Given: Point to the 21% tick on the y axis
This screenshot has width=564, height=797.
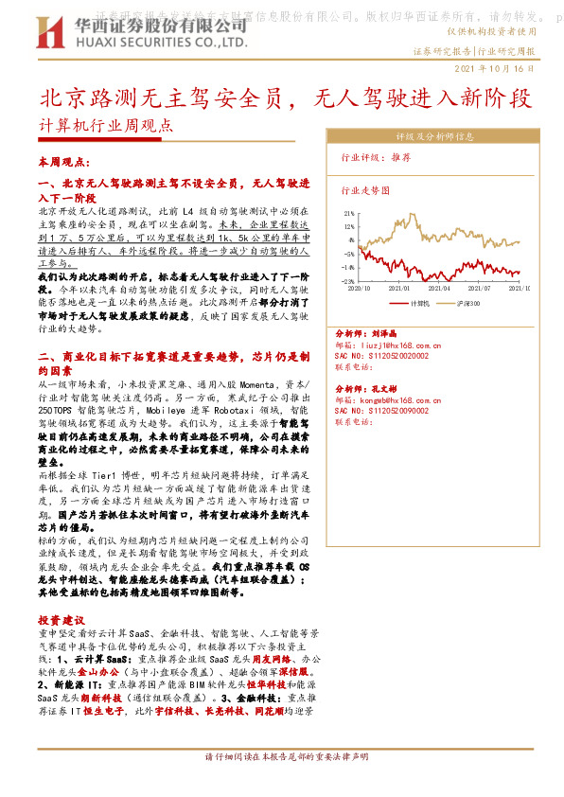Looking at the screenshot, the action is [348, 214].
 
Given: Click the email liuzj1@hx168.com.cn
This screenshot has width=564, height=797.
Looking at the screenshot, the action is [389, 346].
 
